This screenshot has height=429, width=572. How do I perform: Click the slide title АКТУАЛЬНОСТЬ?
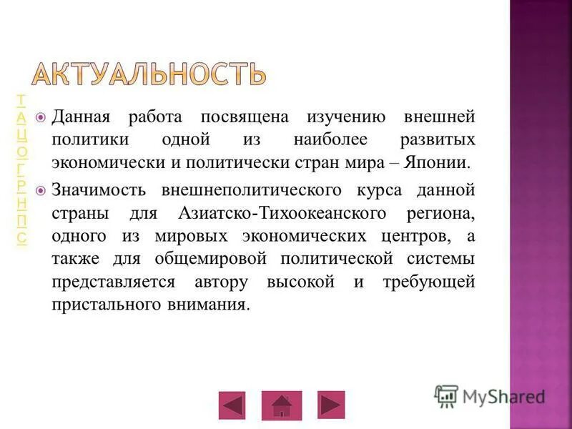click(x=149, y=73)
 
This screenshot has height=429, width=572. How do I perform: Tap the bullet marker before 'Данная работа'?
click(x=41, y=117)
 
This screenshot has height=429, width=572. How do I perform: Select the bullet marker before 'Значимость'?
click(x=41, y=191)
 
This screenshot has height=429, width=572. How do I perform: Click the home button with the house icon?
click(x=282, y=405)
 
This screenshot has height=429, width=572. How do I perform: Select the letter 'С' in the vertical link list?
click(x=23, y=238)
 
